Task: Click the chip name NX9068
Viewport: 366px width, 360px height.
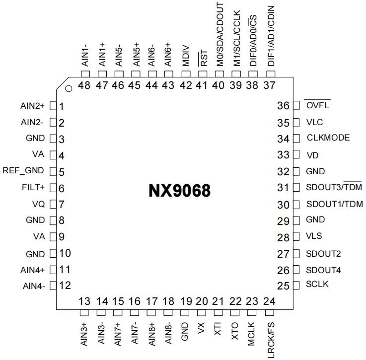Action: [x=179, y=191]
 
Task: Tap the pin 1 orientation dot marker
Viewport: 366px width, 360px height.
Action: [x=69, y=88]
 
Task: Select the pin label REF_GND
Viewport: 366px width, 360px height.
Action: [x=23, y=170]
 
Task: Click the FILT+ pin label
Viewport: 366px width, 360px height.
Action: [x=33, y=187]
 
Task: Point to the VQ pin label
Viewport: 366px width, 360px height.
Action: [x=39, y=204]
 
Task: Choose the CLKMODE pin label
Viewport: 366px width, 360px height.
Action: [x=328, y=138]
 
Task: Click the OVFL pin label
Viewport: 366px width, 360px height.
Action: [x=317, y=105]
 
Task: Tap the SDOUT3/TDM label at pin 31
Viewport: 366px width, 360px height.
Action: [x=334, y=187]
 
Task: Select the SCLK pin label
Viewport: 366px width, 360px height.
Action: [x=317, y=284]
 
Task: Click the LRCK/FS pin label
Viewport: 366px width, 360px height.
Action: [x=271, y=340]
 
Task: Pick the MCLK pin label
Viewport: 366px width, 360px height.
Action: [x=251, y=334]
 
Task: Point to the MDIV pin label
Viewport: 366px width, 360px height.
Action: [x=186, y=56]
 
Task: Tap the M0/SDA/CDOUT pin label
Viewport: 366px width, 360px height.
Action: [x=220, y=35]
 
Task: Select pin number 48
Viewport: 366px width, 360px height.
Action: [x=84, y=85]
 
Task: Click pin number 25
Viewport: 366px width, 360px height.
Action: [x=283, y=286]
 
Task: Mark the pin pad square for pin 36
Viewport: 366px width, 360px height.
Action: [x=296, y=105]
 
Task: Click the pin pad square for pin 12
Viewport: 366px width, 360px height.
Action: [x=53, y=286]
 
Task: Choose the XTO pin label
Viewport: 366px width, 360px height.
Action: [x=234, y=331]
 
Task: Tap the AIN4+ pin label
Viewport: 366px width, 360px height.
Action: [x=32, y=270]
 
